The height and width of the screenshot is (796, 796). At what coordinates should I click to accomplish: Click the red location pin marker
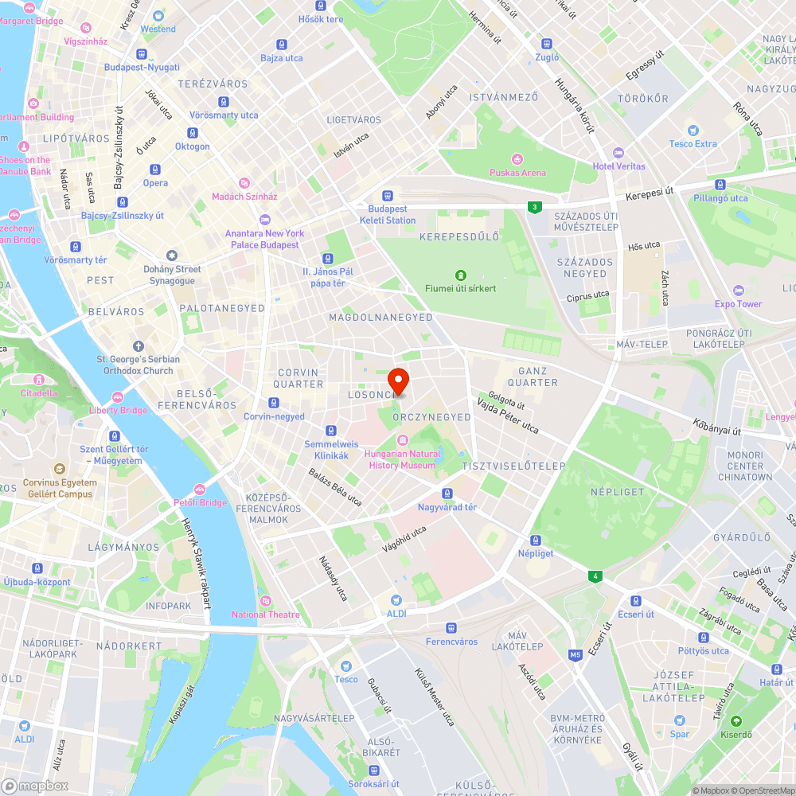click(x=398, y=380)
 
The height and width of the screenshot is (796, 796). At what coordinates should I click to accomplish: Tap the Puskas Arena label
click(x=517, y=172)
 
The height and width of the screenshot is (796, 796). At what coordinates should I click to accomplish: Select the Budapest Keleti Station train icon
click(x=388, y=195)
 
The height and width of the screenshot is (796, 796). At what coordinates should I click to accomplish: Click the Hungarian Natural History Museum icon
click(x=402, y=440)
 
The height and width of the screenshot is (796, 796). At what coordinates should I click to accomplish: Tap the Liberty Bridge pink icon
click(x=118, y=397)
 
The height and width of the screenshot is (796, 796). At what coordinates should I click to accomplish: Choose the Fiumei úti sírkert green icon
click(x=460, y=275)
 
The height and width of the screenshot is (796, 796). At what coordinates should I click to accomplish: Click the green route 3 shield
click(x=534, y=207)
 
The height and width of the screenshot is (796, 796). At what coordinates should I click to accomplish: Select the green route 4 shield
click(x=593, y=576)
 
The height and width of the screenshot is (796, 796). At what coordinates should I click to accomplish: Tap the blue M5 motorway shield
click(x=576, y=655)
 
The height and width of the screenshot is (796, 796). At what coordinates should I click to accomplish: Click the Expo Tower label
click(x=738, y=303)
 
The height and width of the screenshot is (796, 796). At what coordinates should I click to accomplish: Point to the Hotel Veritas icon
click(x=618, y=153)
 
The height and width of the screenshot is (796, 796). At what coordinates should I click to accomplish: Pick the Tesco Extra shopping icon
click(x=693, y=131)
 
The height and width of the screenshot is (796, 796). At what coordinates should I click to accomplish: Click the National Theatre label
click(x=266, y=614)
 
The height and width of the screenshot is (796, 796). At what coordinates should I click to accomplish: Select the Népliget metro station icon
click(x=536, y=540)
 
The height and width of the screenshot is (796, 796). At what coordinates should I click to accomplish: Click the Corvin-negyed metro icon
click(x=274, y=404)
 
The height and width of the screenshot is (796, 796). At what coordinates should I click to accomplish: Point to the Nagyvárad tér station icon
click(x=447, y=494)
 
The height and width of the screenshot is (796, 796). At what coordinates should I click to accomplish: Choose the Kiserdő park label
click(x=736, y=734)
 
